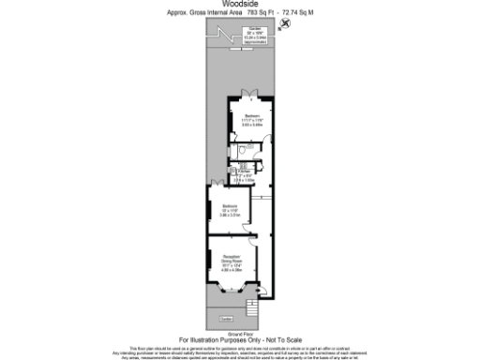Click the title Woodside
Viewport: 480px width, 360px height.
pos(239,5)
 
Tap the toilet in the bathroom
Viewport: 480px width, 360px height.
pos(243,150)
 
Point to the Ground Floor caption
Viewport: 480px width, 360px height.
pos(239,333)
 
